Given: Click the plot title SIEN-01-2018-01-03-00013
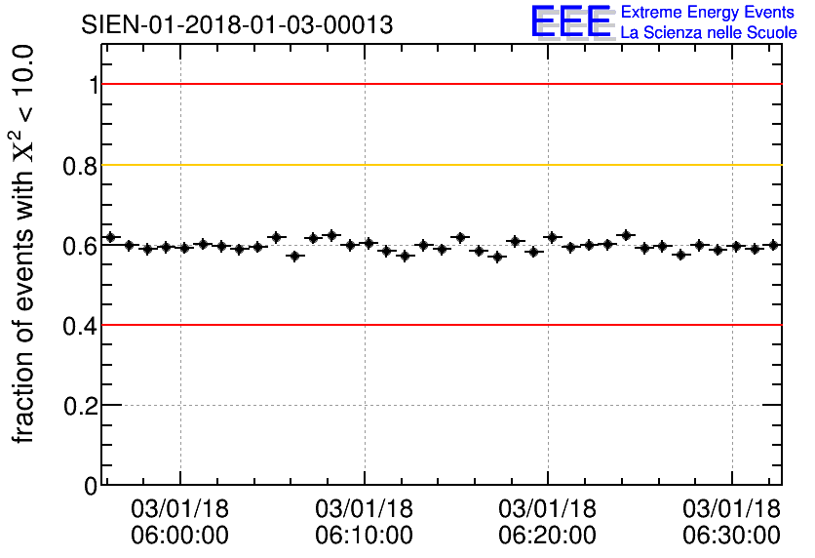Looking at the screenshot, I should click(x=237, y=25).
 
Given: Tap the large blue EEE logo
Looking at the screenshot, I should click(x=571, y=21).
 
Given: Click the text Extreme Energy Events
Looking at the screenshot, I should click(x=708, y=13).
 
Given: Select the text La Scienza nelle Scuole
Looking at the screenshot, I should click(x=708, y=32).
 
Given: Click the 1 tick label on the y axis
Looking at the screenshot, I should click(x=93, y=85).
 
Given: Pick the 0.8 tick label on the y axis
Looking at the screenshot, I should click(x=80, y=165).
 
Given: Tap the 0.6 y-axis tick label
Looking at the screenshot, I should click(x=80, y=245).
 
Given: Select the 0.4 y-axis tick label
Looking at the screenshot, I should click(x=80, y=325).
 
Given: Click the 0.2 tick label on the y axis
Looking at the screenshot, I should click(x=80, y=405).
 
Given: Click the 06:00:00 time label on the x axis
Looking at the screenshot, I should click(x=180, y=535).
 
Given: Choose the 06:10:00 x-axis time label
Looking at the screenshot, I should click(x=364, y=535).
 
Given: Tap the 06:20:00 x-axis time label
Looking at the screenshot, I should click(x=548, y=535).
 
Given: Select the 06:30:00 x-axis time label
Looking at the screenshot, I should click(x=731, y=535).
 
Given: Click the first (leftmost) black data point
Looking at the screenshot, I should click(x=110, y=237).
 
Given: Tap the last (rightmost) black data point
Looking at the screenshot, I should click(x=773, y=245).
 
